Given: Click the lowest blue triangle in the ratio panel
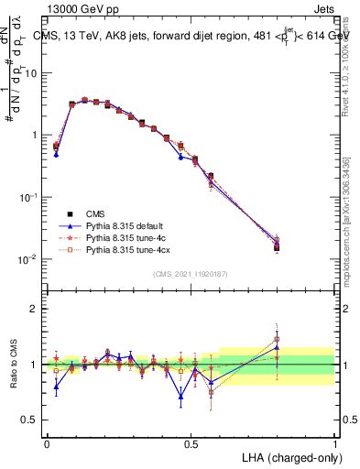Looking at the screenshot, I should pos(181,396).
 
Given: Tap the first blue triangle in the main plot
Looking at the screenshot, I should pos(56,155).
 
